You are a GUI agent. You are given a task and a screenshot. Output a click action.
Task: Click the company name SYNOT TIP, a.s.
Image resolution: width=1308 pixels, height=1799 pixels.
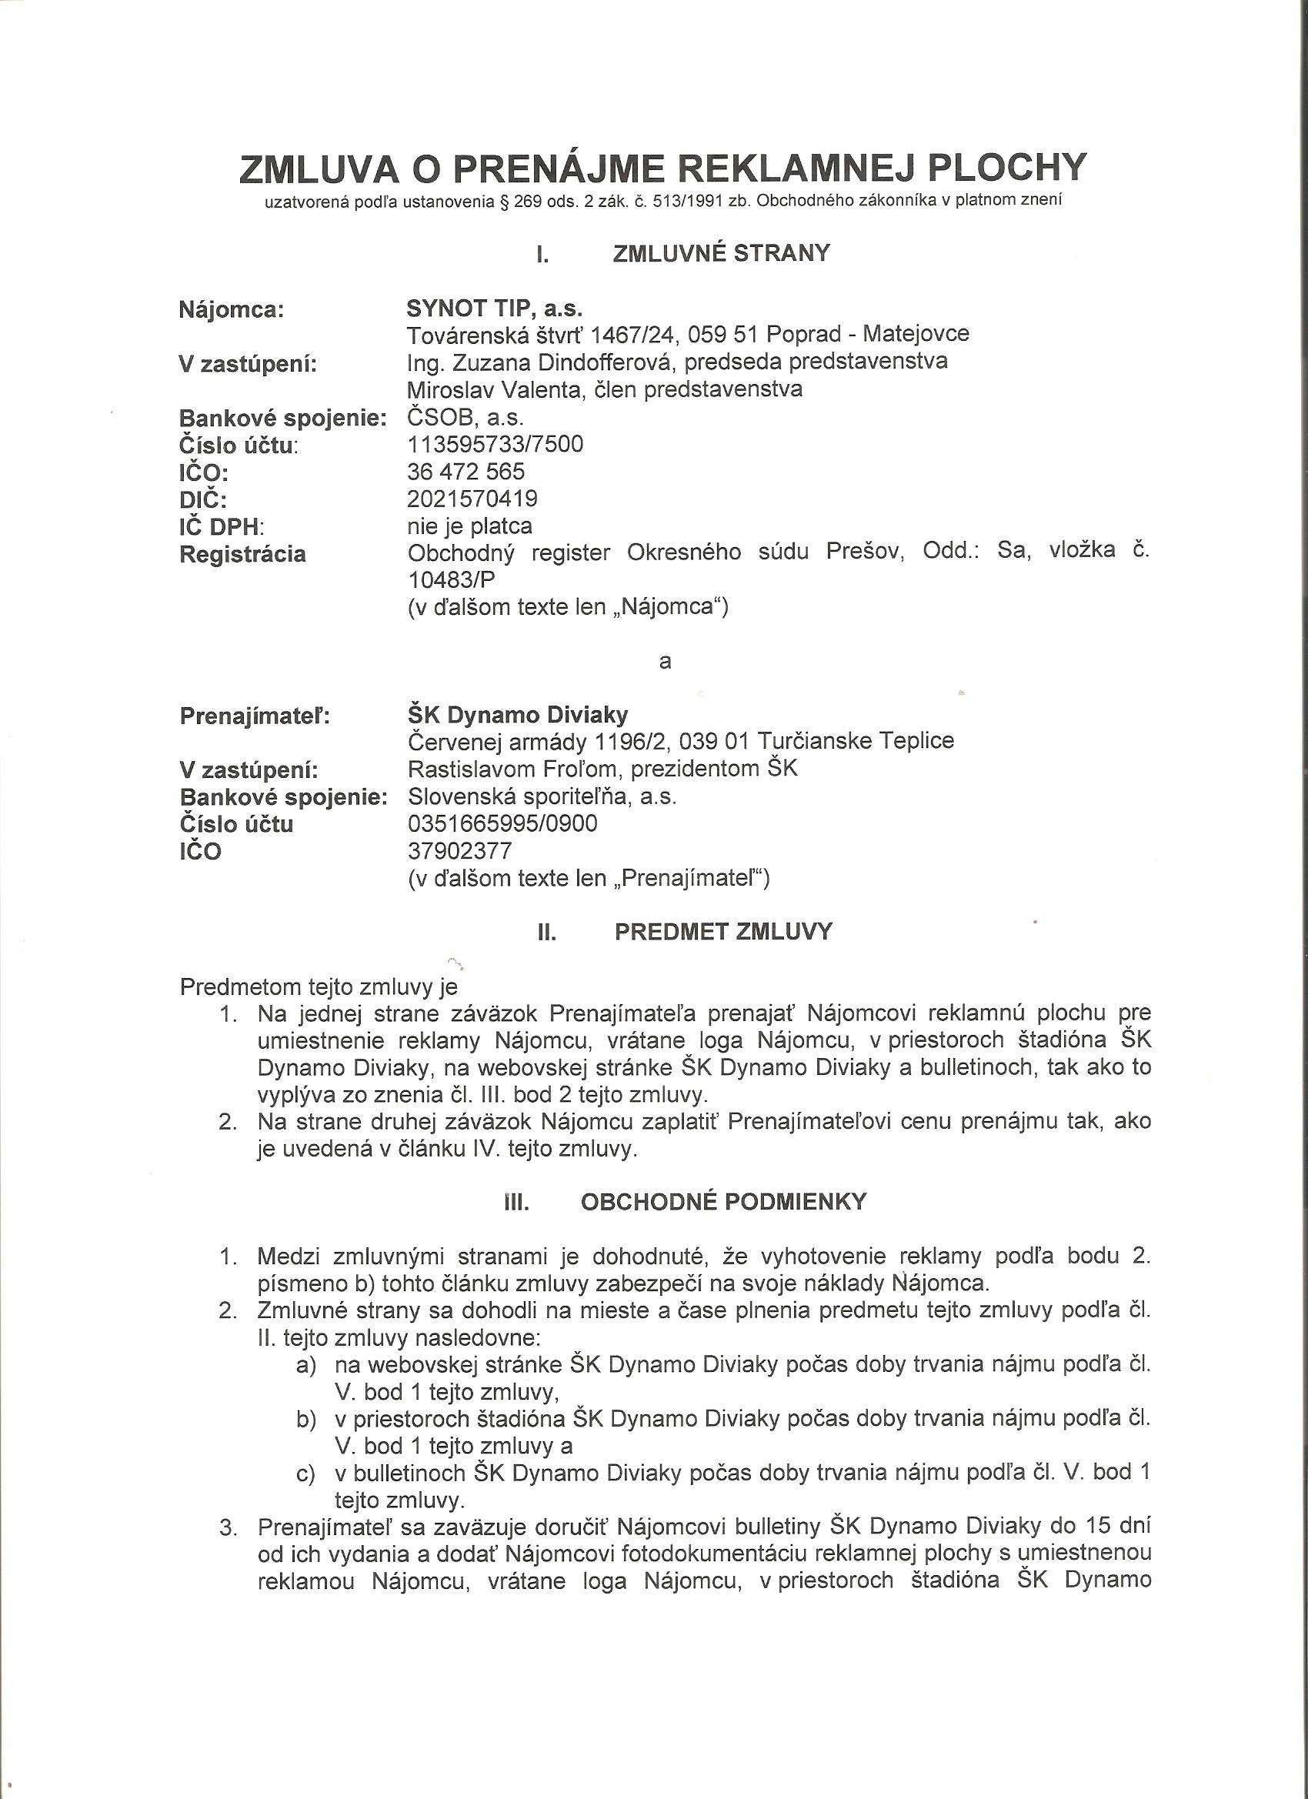494,308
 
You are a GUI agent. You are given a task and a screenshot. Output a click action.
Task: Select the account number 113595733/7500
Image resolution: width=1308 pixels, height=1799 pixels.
495,443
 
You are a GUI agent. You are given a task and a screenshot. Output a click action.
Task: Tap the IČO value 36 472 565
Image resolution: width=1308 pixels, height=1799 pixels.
465,471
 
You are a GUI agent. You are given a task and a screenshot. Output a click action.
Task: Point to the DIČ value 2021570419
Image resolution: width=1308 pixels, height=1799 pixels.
472,498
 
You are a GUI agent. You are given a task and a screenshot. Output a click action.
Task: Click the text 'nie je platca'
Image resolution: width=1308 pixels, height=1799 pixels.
469,526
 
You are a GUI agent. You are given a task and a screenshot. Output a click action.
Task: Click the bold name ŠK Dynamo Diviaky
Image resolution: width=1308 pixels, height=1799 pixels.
517,715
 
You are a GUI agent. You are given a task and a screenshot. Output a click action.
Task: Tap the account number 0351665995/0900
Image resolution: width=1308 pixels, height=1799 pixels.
502,823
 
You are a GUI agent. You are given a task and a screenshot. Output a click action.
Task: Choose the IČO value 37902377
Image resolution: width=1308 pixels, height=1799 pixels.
459,850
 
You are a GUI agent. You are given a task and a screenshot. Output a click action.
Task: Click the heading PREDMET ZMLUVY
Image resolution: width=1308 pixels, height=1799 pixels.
722,931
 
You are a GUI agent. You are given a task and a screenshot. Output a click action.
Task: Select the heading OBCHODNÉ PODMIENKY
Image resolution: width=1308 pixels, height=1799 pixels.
723,1202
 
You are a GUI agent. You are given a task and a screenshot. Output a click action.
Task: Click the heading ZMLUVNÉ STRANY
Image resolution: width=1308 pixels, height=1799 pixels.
721,253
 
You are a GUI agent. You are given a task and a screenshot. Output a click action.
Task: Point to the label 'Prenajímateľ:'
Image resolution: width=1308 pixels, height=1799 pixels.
255,716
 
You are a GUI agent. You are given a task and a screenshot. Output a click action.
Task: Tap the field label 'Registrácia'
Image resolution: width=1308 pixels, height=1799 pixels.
242,554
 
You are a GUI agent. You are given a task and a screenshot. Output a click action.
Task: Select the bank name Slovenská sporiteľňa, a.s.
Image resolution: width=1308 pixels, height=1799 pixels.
542,796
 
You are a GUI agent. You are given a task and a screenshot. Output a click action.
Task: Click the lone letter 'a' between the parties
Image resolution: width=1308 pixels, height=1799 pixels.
665,660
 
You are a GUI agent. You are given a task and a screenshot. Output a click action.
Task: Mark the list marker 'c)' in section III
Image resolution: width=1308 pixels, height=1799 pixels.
305,1474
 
